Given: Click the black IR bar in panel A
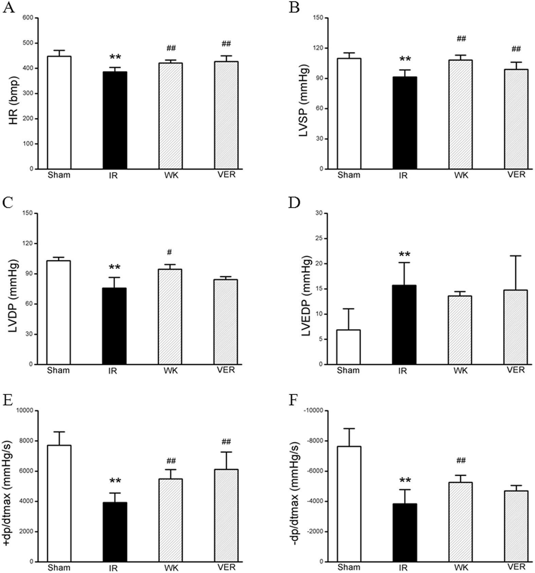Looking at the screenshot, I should [115, 120].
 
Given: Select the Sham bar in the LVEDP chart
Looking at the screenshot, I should [348, 347].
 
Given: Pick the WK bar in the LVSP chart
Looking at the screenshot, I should [460, 115].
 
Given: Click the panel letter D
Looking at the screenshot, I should [294, 203].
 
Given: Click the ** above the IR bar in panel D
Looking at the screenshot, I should [404, 254].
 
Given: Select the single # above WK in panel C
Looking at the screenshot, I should [170, 252].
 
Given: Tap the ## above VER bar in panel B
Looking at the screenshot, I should [516, 49].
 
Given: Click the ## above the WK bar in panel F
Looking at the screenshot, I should [461, 461].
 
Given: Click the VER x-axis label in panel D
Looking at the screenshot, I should [516, 370].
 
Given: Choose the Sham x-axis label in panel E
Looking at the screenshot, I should [59, 567].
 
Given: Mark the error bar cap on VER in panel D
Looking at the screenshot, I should [516, 256].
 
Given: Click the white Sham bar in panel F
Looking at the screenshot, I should [349, 504].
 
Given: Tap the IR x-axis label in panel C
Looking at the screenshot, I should [112, 371].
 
